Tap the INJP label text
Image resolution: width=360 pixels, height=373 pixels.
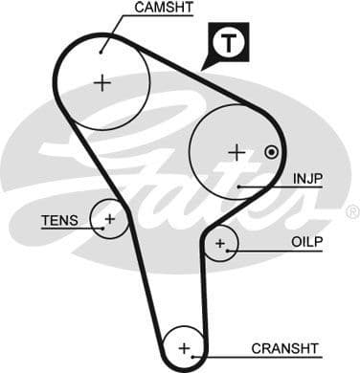pos(306,178)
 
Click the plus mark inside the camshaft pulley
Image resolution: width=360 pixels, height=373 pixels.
pos(102,82)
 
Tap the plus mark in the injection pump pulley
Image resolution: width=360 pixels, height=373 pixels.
pos(236,151)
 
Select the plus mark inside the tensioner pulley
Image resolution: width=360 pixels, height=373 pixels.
pos(110,220)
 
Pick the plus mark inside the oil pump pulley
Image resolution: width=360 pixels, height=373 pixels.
pos(220,244)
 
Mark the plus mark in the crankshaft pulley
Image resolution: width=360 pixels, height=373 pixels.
pos(185,346)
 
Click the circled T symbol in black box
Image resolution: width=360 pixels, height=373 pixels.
pos(227,43)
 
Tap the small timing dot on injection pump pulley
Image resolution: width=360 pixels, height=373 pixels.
pos(272,151)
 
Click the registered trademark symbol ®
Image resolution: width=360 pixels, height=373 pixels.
pos(351,211)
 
